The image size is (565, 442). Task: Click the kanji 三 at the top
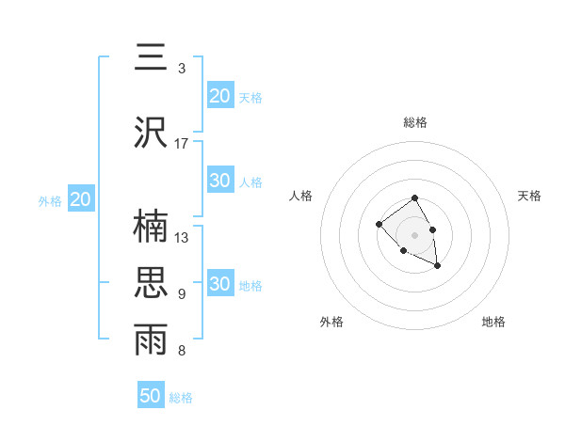[152, 58]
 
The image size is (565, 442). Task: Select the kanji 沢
[152, 133]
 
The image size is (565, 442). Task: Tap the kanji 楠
[152, 227]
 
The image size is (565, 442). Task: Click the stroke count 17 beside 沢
[182, 144]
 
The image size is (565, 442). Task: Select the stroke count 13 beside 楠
[182, 238]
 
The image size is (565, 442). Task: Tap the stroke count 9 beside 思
[182, 294]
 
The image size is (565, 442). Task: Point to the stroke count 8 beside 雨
[182, 351]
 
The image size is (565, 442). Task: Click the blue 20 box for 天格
[220, 96]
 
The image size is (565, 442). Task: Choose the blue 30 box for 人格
[220, 181]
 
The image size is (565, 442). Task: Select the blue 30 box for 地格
[220, 284]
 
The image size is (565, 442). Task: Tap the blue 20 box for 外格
[80, 199]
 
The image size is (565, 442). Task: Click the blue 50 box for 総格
[151, 396]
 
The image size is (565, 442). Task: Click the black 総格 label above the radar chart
[415, 122]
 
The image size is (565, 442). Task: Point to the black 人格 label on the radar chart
[301, 196]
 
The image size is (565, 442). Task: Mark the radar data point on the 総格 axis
[415, 198]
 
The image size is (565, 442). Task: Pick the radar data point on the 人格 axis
[379, 224]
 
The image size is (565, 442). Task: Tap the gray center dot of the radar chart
[415, 235]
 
